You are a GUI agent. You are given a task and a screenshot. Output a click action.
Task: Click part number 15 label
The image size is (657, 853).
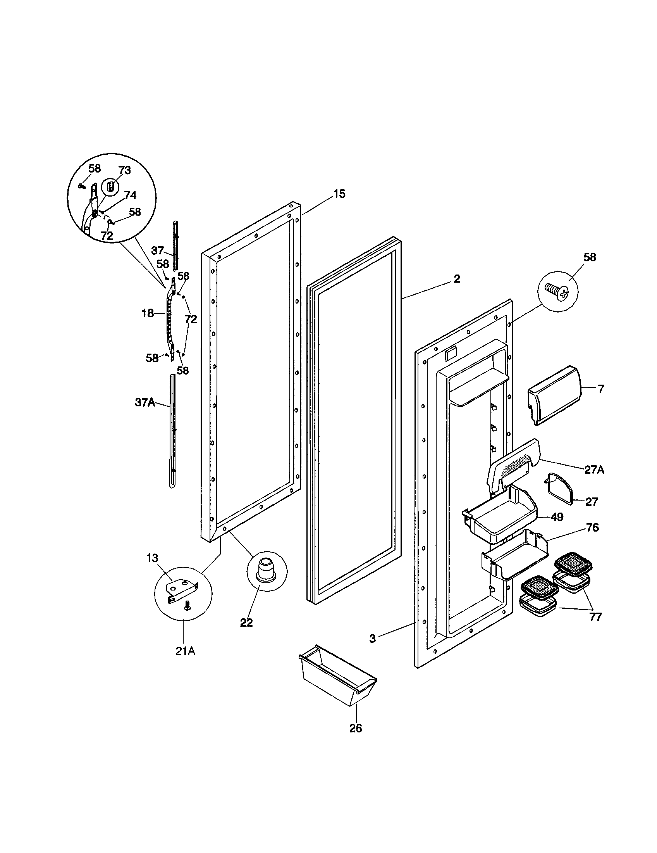pos(339,194)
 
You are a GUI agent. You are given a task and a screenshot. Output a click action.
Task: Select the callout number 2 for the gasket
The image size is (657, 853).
pos(456,279)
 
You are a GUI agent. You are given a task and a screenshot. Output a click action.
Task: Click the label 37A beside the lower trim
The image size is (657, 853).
pos(145,403)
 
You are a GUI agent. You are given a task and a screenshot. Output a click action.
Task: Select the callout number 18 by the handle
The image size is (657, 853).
pos(148,313)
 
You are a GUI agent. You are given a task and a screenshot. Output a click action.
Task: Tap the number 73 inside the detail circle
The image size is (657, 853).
pos(124,171)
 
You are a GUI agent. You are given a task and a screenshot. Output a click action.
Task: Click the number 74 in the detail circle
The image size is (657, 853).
pos(130,195)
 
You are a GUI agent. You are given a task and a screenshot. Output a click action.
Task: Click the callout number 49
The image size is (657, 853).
pos(557,517)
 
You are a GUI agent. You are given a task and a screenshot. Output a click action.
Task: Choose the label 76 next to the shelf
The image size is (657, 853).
pos(592,528)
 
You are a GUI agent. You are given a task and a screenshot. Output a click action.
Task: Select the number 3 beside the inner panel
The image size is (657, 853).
pos(373,639)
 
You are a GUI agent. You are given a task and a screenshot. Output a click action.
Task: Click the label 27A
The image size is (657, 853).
pos(594,470)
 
